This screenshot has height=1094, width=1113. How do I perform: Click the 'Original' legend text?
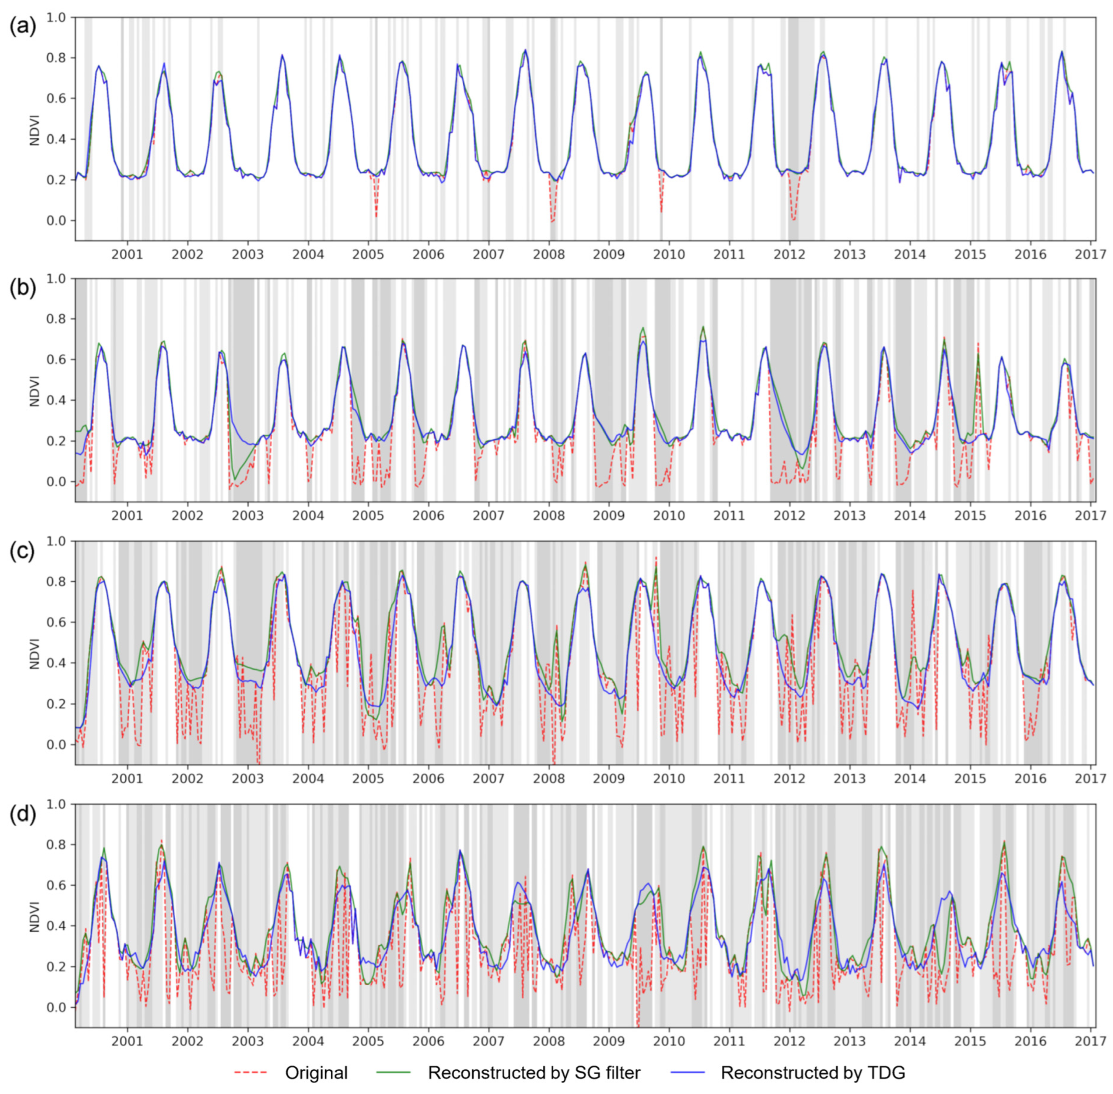[x=316, y=1072]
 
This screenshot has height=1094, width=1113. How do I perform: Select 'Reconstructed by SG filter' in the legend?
[x=534, y=1072]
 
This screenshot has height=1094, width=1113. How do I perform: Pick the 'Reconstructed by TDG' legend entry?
[x=813, y=1072]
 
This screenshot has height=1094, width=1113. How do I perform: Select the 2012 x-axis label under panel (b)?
[x=789, y=515]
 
